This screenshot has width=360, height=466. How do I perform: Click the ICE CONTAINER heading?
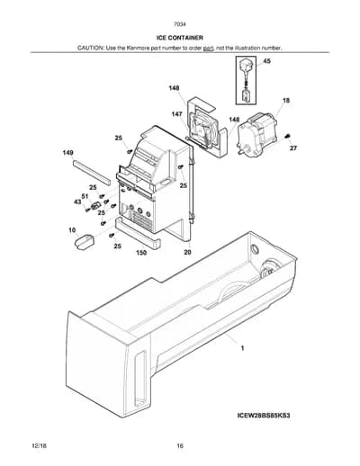(180, 38)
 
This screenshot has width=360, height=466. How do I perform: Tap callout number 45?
(266, 61)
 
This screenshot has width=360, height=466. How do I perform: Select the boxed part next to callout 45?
(246, 80)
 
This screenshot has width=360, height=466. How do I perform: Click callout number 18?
(286, 101)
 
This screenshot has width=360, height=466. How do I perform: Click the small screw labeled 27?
(286, 137)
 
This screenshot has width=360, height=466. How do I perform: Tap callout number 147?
(176, 114)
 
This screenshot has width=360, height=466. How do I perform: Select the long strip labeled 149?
(92, 172)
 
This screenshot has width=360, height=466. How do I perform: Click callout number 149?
(67, 153)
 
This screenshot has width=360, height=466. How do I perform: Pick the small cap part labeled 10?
(84, 242)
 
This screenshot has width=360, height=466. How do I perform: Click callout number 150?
(141, 253)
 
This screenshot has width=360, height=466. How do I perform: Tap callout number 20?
(187, 252)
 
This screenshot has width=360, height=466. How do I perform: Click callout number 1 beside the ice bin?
(242, 348)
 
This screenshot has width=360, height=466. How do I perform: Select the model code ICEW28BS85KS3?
(264, 416)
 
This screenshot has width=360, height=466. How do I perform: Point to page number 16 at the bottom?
(180, 446)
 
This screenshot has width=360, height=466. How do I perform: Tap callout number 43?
(77, 202)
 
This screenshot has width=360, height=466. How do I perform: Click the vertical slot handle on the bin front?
(140, 381)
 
